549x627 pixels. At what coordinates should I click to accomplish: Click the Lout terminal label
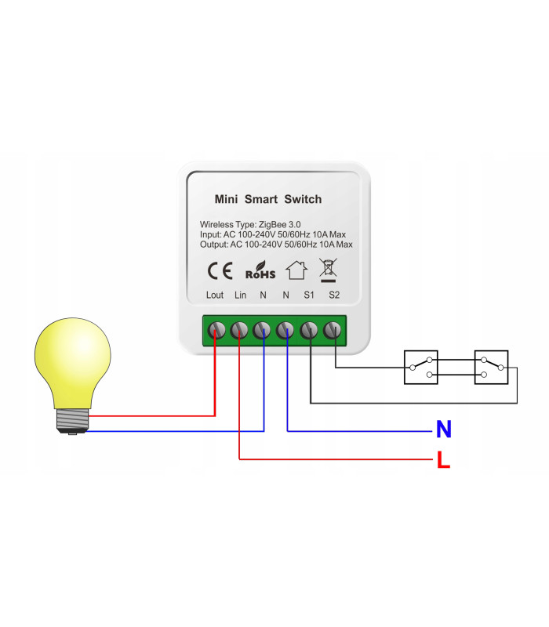215,295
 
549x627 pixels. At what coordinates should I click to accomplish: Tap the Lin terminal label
241,295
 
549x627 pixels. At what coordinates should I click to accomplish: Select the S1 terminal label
309,295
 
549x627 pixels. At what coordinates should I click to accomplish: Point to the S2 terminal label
334,295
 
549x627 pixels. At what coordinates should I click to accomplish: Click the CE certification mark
219,271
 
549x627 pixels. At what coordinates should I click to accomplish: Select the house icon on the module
296,270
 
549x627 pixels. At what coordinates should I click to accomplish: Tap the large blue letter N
444,429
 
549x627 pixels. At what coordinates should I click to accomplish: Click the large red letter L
444,461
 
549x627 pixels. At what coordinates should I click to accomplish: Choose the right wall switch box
492,367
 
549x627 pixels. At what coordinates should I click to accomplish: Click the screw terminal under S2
335,330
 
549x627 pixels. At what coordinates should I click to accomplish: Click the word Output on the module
213,245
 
